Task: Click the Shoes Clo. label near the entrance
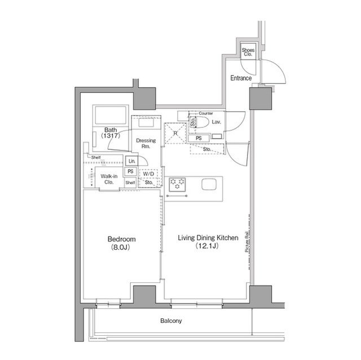(x=248, y=52)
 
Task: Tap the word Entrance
(x=241, y=78)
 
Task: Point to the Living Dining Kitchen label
(x=208, y=242)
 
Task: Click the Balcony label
(x=171, y=321)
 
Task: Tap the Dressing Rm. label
(x=146, y=144)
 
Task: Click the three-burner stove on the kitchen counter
(x=178, y=183)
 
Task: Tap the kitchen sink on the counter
(x=208, y=184)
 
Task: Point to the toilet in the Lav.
(x=201, y=122)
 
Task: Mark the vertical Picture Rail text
(x=247, y=243)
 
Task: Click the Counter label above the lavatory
(x=206, y=113)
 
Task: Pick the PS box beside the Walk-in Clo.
(x=130, y=171)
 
